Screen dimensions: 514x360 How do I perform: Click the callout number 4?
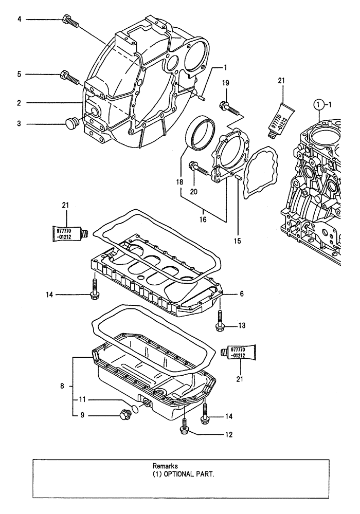(20, 19)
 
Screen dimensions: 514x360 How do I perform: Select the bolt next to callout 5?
(68, 77)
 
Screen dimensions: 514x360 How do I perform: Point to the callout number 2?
(19, 103)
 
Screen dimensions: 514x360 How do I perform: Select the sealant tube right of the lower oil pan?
(234, 353)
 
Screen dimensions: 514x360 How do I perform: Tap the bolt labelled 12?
(184, 426)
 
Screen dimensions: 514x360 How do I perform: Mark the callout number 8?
(62, 385)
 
